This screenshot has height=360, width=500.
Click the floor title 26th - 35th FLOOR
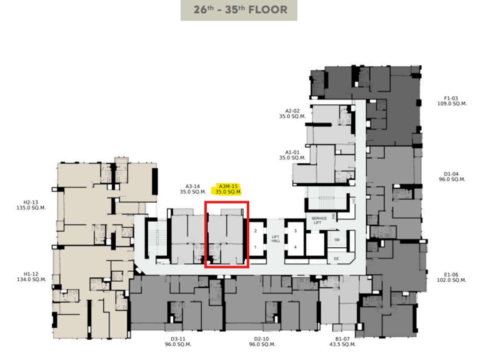tap(240, 10)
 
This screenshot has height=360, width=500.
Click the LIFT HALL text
tap(276, 239)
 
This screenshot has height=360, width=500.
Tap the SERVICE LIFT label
tap(319, 220)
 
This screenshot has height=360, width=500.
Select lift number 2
tap(255, 231)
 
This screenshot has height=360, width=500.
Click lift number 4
tap(295, 247)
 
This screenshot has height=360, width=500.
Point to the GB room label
tap(337, 240)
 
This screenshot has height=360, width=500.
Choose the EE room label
tap(336, 259)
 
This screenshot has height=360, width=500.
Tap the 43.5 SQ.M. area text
tap(342, 345)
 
